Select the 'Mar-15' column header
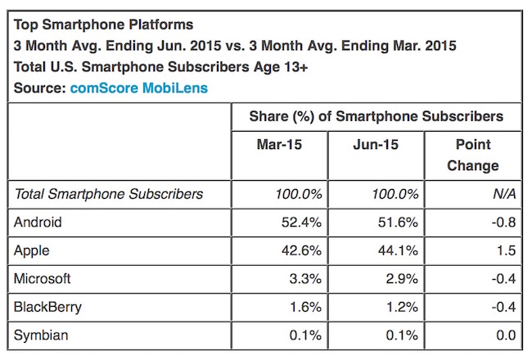pyautogui.click(x=279, y=145)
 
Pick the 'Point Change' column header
pyautogui.click(x=472, y=155)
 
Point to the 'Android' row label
pyautogui.click(x=38, y=222)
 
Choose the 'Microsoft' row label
pyautogui.click(x=43, y=277)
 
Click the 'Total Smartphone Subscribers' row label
pyautogui.click(x=109, y=194)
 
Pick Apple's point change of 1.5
pyautogui.click(x=504, y=250)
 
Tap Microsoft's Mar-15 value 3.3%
pyautogui.click(x=305, y=277)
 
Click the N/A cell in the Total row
pyautogui.click(x=502, y=194)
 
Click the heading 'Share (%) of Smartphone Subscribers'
pyautogui.click(x=376, y=117)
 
